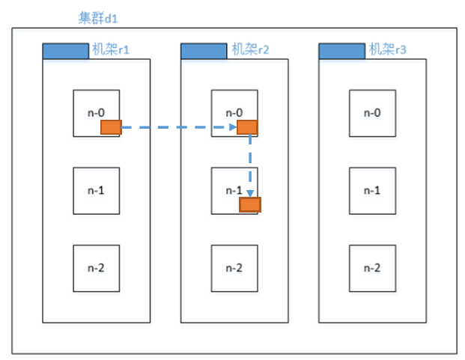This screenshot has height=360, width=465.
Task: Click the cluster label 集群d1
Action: (x=98, y=18)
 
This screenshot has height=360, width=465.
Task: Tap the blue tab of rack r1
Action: (x=66, y=51)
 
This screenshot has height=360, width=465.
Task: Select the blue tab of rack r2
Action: (x=204, y=51)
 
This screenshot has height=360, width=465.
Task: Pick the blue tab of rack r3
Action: (x=342, y=51)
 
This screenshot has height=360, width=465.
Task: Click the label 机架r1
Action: (x=111, y=49)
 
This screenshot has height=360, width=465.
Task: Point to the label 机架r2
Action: (x=250, y=49)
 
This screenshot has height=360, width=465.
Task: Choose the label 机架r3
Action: (x=388, y=49)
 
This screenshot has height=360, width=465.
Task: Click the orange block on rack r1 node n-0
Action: (x=111, y=127)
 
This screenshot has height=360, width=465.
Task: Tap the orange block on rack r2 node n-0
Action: (x=247, y=127)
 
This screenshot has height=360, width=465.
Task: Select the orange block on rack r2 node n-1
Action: (x=250, y=205)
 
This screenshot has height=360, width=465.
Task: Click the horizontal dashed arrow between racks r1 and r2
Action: (x=179, y=127)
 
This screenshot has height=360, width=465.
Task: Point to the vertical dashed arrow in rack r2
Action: (x=250, y=166)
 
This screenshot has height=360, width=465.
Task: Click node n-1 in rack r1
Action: (x=97, y=191)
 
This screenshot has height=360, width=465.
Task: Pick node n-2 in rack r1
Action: (x=97, y=269)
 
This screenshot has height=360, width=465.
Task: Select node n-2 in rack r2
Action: (x=234, y=269)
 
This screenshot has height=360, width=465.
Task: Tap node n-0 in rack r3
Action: (x=372, y=113)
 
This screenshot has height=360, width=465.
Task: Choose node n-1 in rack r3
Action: (x=372, y=191)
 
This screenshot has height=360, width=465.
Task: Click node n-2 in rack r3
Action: (x=372, y=269)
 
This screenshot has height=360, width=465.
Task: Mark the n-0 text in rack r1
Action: (x=96, y=113)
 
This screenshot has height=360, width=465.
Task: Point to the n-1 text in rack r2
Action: (x=234, y=191)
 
